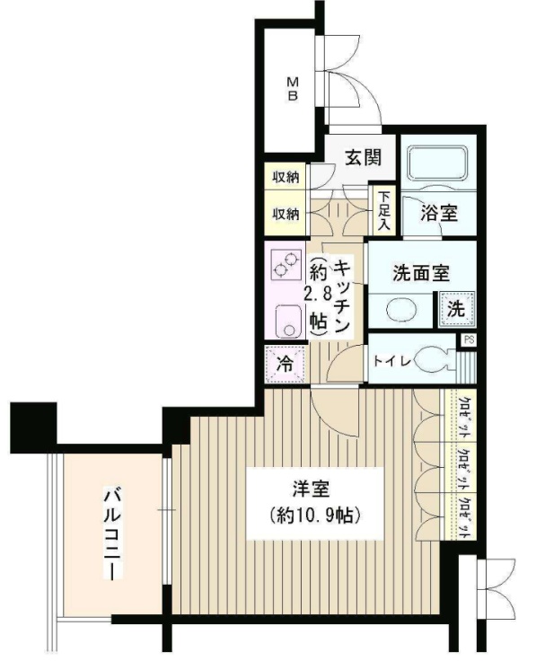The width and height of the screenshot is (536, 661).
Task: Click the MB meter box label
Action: [292, 89]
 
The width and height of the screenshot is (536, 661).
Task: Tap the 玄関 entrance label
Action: [364, 158]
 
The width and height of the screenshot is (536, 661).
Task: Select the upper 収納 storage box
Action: [286, 176]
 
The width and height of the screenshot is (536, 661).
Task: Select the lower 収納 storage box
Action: [286, 214]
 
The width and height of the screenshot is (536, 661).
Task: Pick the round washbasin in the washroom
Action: [399, 310]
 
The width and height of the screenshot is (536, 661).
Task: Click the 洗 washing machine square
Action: [455, 310]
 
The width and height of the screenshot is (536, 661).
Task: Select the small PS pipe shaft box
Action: [468, 340]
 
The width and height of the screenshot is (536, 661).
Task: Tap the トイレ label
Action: [392, 361]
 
